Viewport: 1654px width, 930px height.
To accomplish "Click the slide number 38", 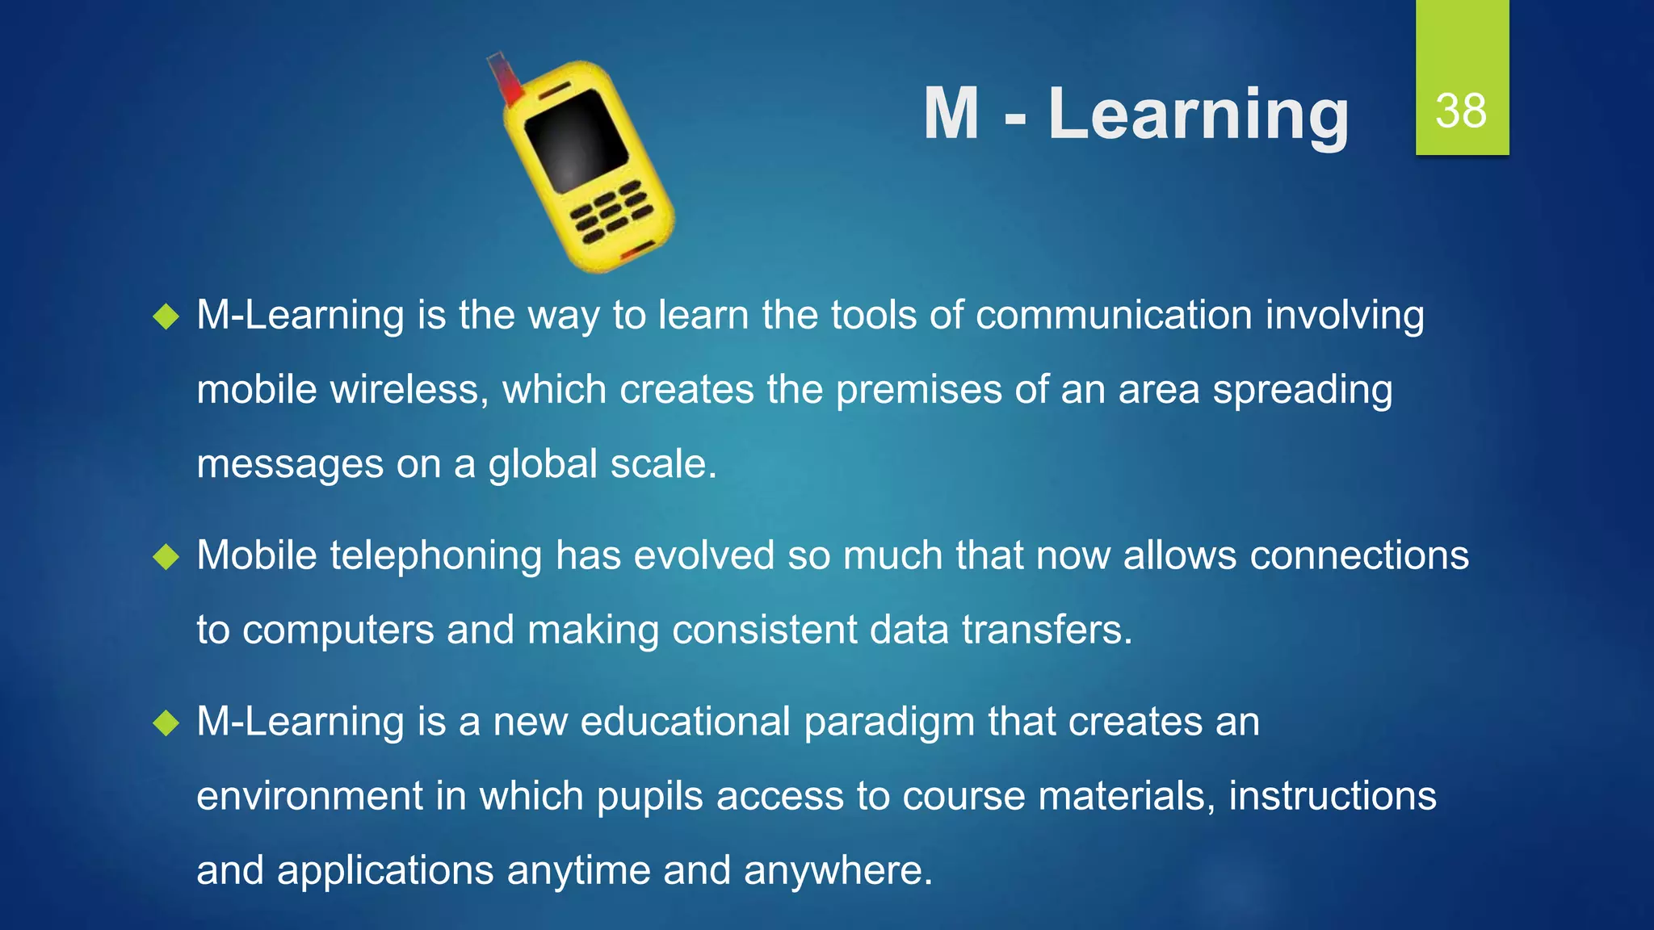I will point(1461,111).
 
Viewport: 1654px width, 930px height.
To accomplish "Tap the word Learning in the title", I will point(1199,115).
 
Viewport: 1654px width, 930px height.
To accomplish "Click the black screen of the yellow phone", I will point(576,140).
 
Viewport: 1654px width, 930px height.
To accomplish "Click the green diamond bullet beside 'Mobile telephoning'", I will point(166,556).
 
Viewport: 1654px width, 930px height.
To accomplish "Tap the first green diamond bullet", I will point(166,316).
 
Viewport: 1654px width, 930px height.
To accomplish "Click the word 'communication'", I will point(1114,315).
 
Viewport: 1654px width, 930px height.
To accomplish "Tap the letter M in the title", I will point(951,115).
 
